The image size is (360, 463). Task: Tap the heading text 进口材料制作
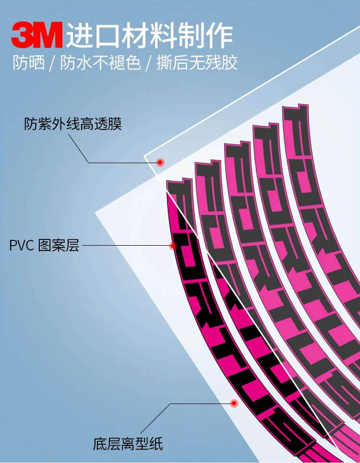point(150,35)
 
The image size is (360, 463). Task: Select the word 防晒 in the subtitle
point(28,63)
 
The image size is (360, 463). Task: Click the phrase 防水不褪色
point(100,63)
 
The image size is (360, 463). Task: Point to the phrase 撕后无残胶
point(197,63)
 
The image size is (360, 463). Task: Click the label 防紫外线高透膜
point(73,124)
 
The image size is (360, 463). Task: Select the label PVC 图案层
point(44,246)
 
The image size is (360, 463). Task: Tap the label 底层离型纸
point(128,443)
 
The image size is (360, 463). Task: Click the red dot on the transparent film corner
point(160,163)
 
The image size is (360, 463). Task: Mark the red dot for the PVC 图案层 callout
point(173,246)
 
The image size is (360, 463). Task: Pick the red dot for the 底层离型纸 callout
point(234,403)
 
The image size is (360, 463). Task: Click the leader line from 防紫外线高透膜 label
point(120,163)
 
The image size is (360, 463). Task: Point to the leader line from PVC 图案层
point(125,246)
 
